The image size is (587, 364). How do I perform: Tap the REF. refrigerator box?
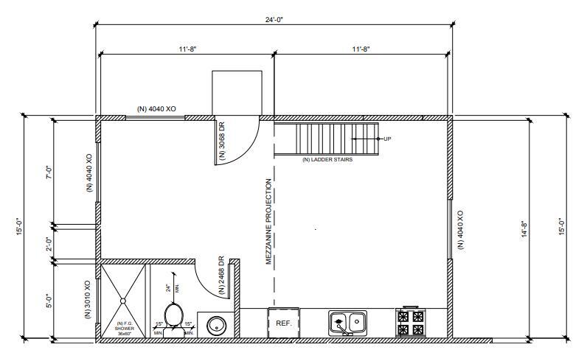[x=284, y=323]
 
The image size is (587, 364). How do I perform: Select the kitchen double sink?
[x=348, y=322]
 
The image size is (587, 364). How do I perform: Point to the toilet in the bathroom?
[x=173, y=315]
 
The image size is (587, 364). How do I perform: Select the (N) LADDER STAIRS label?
[x=327, y=159]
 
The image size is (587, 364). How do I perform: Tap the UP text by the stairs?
[x=386, y=139]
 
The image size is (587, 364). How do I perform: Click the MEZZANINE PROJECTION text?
[x=269, y=222]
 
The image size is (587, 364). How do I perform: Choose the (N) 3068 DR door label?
[x=221, y=140]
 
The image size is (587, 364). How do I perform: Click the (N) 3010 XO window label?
[x=88, y=299]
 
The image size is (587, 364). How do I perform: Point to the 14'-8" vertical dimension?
[x=524, y=229]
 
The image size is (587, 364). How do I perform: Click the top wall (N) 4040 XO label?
[x=156, y=109]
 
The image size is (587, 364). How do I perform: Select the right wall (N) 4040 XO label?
[x=461, y=230]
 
